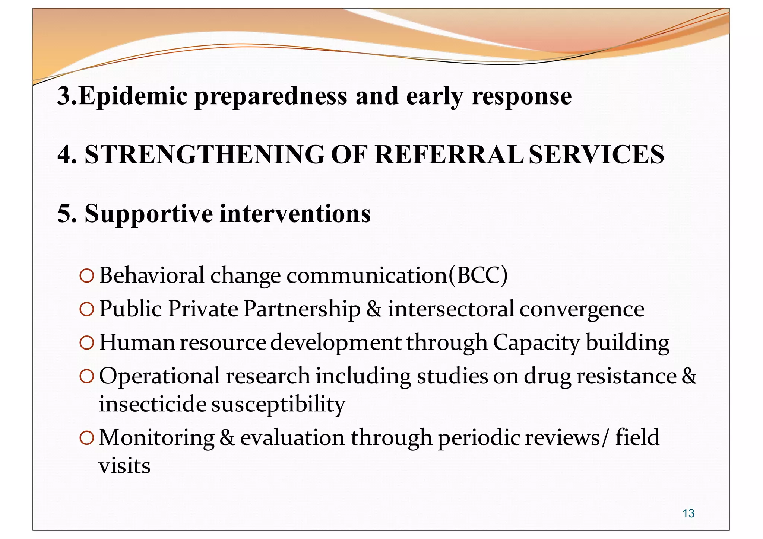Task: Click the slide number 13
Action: [x=688, y=513]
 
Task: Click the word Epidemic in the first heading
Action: [x=133, y=96]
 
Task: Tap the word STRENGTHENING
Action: [x=205, y=154]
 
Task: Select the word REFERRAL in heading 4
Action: [x=449, y=154]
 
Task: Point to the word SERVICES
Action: [x=596, y=154]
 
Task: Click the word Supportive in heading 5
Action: [x=149, y=214]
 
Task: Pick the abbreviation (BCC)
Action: [x=478, y=275]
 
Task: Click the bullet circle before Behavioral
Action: [x=86, y=276]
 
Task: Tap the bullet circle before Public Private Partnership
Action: [x=86, y=309]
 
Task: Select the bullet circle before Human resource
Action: [x=86, y=343]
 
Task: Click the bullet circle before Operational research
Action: [x=86, y=376]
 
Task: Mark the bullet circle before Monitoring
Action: [x=86, y=438]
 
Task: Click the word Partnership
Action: [x=302, y=309]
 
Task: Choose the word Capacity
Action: [x=536, y=343]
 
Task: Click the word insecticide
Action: [x=152, y=404]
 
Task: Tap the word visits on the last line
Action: [x=124, y=466]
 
